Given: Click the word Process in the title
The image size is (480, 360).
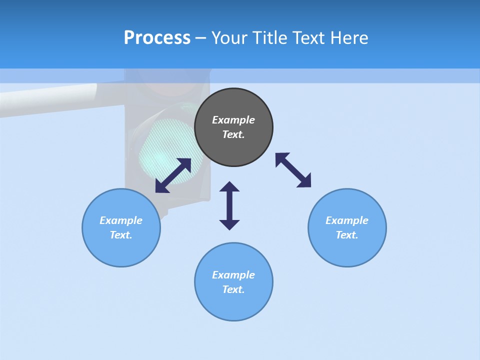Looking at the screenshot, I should [x=157, y=38].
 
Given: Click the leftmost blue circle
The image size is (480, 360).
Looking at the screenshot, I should [x=121, y=227].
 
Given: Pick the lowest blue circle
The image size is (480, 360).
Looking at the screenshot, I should [x=233, y=282].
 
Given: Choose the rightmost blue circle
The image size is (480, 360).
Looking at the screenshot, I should [x=347, y=227].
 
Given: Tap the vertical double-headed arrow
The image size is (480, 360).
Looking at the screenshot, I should [x=229, y=205].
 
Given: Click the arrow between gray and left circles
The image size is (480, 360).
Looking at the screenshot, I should [x=173, y=175].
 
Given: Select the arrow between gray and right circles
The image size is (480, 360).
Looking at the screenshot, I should [x=293, y=170].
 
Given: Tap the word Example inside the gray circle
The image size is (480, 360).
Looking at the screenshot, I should [x=233, y=120].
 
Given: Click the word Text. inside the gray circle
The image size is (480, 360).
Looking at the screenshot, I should [x=233, y=134].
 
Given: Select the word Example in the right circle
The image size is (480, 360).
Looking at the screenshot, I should [x=347, y=220].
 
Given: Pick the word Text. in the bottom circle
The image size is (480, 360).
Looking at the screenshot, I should [x=233, y=289].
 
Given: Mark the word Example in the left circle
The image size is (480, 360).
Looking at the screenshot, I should [x=121, y=220].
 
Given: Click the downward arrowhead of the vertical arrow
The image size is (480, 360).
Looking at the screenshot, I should [x=229, y=224].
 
